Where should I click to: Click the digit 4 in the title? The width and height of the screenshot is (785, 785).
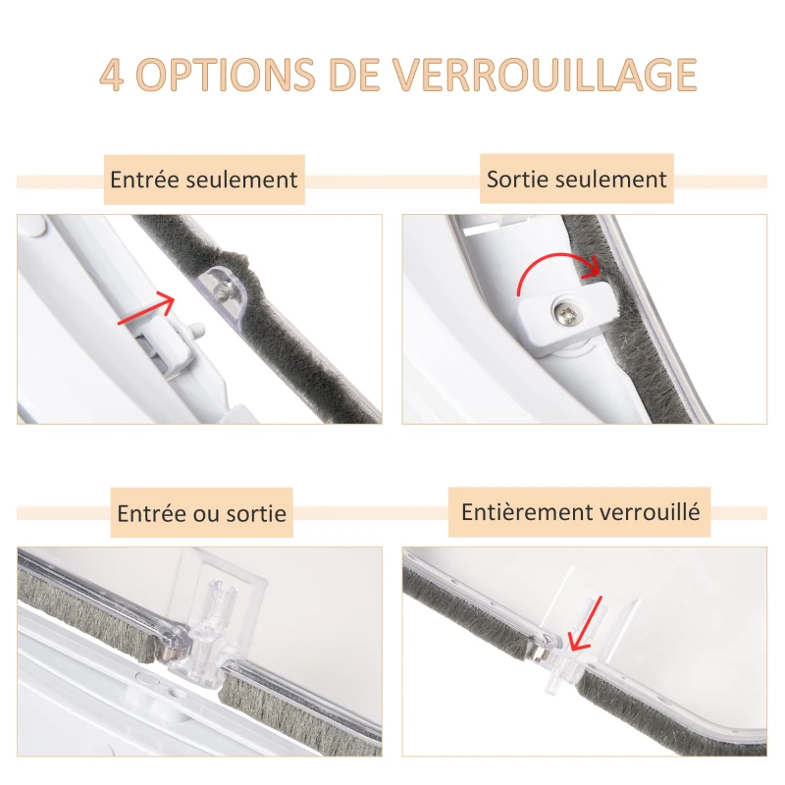pyautogui.click(x=112, y=77)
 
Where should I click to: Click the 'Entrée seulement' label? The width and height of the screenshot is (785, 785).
pyautogui.click(x=204, y=181)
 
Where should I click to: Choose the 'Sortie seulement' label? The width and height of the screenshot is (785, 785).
pyautogui.click(x=577, y=180)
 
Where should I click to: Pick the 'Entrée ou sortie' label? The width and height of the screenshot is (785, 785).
pyautogui.click(x=202, y=513)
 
